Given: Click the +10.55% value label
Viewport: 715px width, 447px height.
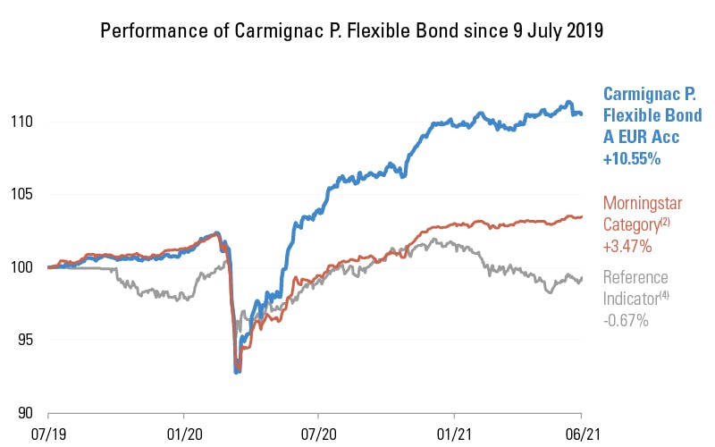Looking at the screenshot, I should pos(632,159).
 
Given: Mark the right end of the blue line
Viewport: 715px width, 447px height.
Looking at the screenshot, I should pos(582,114).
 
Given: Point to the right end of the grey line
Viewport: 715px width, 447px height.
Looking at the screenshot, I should pos(582,278).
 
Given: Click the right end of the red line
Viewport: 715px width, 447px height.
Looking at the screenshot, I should pos(582,216).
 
